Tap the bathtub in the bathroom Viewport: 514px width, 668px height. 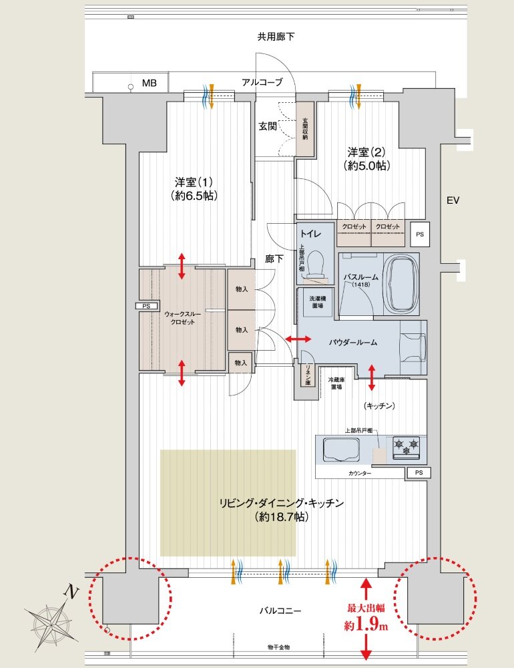click(403, 283)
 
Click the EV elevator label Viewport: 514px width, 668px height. click(454, 200)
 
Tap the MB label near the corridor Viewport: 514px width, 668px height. click(148, 83)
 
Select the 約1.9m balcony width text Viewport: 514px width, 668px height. click(366, 626)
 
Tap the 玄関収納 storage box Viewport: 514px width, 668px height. click(304, 130)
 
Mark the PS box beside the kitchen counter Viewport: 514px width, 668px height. click(418, 473)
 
